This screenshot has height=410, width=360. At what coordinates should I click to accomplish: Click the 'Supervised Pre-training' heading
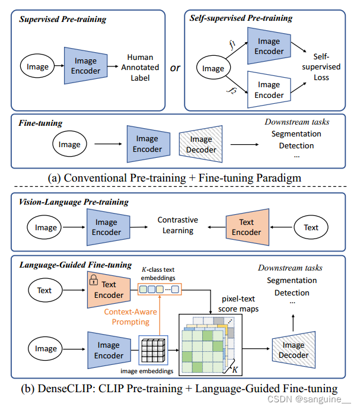click(62, 19)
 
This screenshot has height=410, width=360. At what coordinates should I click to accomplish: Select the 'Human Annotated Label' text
click(140, 67)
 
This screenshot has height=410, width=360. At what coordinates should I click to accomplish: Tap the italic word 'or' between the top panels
click(175, 68)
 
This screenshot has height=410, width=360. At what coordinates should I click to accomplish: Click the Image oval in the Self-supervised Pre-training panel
click(213, 68)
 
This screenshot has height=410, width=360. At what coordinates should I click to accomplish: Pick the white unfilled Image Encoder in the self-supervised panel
click(269, 90)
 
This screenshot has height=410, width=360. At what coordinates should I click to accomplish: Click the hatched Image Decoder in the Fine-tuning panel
click(201, 144)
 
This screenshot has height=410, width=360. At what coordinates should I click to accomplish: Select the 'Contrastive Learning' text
click(178, 225)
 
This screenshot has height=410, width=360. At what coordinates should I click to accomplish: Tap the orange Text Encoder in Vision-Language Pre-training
click(246, 227)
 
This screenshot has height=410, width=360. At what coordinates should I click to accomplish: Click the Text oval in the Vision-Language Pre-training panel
click(311, 227)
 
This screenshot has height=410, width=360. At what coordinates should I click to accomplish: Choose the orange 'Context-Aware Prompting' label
click(130, 316)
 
